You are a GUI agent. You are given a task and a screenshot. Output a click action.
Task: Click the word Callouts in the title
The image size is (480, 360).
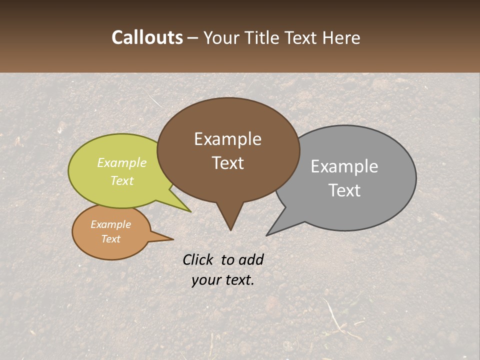coord(147,37)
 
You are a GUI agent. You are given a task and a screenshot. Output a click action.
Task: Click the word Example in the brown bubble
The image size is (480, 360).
coord(227,139)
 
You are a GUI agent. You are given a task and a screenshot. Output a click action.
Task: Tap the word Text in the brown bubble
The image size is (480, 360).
coord(227,162)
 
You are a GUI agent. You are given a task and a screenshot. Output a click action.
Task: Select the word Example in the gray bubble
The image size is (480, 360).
coord(344,166)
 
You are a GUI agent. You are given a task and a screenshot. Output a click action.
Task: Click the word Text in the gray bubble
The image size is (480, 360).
coord(344,190)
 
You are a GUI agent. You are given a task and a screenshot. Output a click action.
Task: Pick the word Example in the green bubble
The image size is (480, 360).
coord(121,162)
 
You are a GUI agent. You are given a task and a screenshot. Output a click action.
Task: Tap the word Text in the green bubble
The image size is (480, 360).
coord(121,180)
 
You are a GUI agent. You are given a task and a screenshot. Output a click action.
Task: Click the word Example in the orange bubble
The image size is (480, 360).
coord(110,224)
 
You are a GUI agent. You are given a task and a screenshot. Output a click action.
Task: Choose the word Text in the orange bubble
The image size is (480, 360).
coord(110,239)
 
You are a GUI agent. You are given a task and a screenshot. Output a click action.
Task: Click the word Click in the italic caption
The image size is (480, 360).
coord(198,259)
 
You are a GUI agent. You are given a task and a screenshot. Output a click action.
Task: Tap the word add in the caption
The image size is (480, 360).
coord(250,259)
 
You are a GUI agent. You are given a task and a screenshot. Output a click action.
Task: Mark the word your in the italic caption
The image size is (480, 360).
coord(206,280)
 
